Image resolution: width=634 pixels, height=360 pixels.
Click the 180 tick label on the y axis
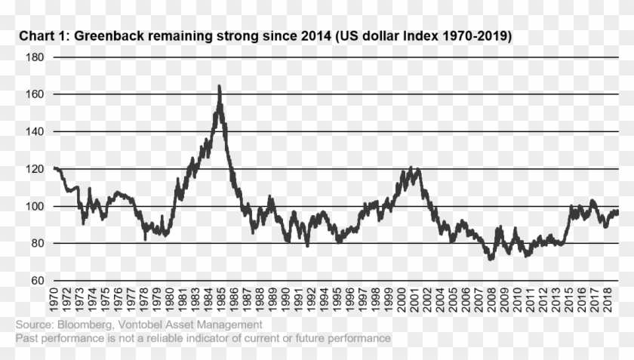35,57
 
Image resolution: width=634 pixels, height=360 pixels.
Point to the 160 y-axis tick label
35,94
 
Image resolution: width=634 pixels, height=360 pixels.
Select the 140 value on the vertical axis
35,131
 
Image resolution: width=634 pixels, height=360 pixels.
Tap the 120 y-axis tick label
35,169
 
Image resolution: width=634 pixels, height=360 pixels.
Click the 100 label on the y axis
35,206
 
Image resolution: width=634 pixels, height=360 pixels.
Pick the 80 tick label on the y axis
38,243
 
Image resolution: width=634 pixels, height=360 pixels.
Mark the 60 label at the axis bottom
38,281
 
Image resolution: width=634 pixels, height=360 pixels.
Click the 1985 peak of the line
219,86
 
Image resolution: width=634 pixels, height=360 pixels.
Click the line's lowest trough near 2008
492,259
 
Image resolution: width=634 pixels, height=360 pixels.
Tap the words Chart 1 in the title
41,35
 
